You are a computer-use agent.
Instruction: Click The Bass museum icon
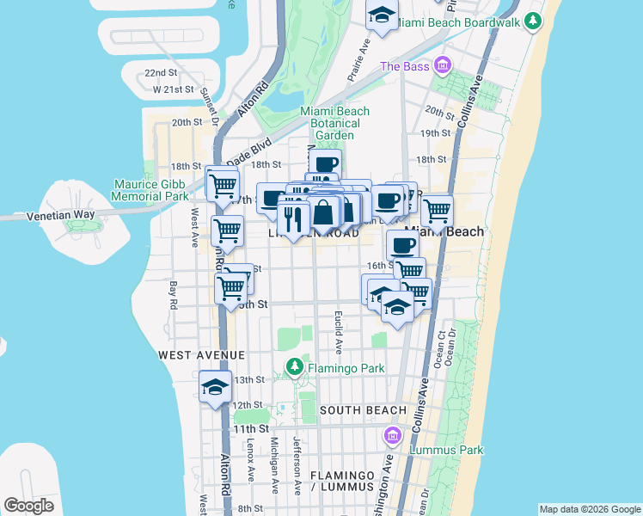tap(443, 65)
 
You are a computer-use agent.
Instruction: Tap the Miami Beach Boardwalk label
tap(461, 21)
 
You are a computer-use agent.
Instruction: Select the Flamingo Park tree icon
tap(295, 367)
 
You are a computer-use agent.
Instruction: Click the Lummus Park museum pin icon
tap(394, 436)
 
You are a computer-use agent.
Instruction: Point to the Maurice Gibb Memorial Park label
tap(150, 190)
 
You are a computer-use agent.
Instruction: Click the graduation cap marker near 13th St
tap(215, 387)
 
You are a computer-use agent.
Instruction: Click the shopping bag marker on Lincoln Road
tap(324, 212)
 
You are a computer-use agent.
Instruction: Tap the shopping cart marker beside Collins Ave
tap(437, 209)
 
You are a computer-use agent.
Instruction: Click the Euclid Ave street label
tap(339, 332)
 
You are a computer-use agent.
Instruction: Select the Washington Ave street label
tap(389, 486)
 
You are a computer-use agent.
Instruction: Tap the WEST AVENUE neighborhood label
tap(201, 354)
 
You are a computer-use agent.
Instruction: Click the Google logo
tap(28, 506)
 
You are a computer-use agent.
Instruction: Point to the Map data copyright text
tap(589, 509)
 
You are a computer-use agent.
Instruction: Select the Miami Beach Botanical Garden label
tap(334, 123)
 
